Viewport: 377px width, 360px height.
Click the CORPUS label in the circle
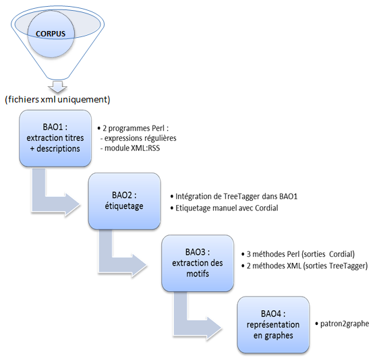point(51,34)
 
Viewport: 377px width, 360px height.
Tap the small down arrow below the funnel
point(57,87)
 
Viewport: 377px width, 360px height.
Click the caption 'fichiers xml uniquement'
point(57,100)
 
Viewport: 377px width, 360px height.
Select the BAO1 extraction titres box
point(55,138)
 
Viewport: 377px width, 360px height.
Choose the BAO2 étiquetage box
point(124,201)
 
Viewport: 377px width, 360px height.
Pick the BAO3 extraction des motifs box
point(198,263)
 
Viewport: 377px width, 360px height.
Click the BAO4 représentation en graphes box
point(273,325)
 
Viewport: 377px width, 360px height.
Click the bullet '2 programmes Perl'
point(133,128)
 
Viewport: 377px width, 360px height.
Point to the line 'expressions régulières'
point(138,138)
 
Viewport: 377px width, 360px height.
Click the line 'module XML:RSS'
point(130,148)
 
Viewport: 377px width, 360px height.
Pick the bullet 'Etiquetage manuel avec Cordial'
point(224,208)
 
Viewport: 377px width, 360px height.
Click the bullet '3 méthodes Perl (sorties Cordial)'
point(298,254)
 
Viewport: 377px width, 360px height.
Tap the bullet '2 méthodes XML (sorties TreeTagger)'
point(304,266)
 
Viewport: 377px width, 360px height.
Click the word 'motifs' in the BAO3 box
point(198,274)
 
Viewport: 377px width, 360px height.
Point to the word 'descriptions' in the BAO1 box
point(58,149)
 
